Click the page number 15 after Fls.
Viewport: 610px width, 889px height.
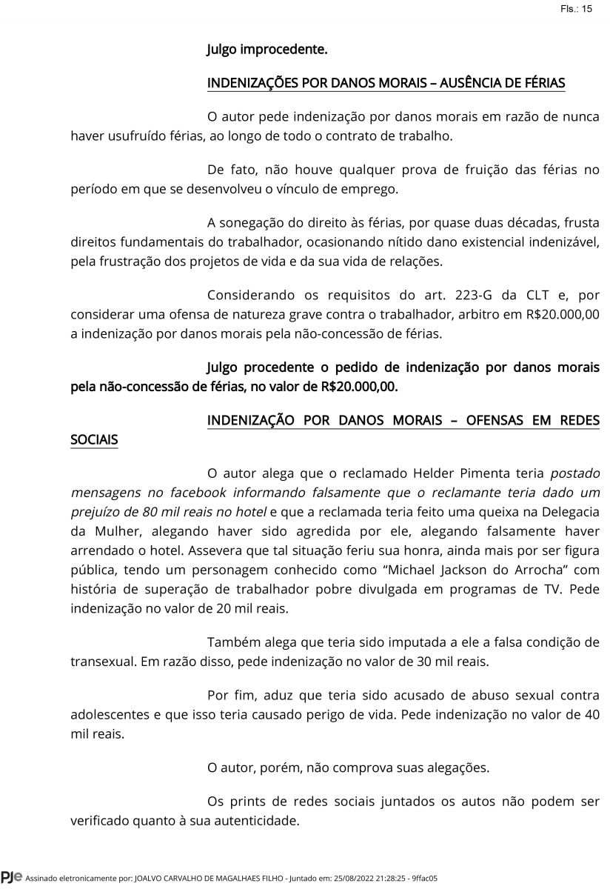(x=587, y=9)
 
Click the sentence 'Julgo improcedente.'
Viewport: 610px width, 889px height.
(x=267, y=50)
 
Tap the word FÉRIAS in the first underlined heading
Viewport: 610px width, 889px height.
(x=543, y=83)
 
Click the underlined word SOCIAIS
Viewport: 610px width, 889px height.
(x=94, y=439)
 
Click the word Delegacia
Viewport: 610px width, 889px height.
(x=570, y=510)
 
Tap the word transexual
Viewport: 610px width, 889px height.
(x=102, y=661)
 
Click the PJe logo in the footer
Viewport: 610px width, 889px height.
(x=11, y=878)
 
